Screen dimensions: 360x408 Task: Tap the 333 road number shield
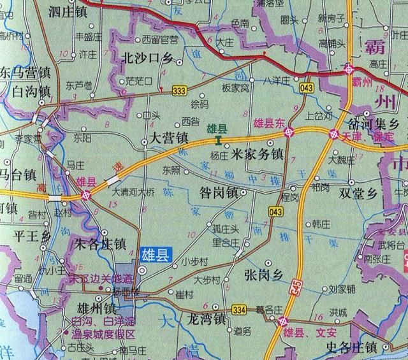(180, 91)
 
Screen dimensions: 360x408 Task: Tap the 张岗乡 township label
(263, 275)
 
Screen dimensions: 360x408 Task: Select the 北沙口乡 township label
(147, 59)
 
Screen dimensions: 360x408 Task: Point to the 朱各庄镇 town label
(101, 243)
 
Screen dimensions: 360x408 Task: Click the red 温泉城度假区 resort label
(104, 334)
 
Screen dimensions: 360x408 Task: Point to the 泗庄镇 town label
(71, 11)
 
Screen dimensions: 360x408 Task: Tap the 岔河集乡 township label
(374, 123)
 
